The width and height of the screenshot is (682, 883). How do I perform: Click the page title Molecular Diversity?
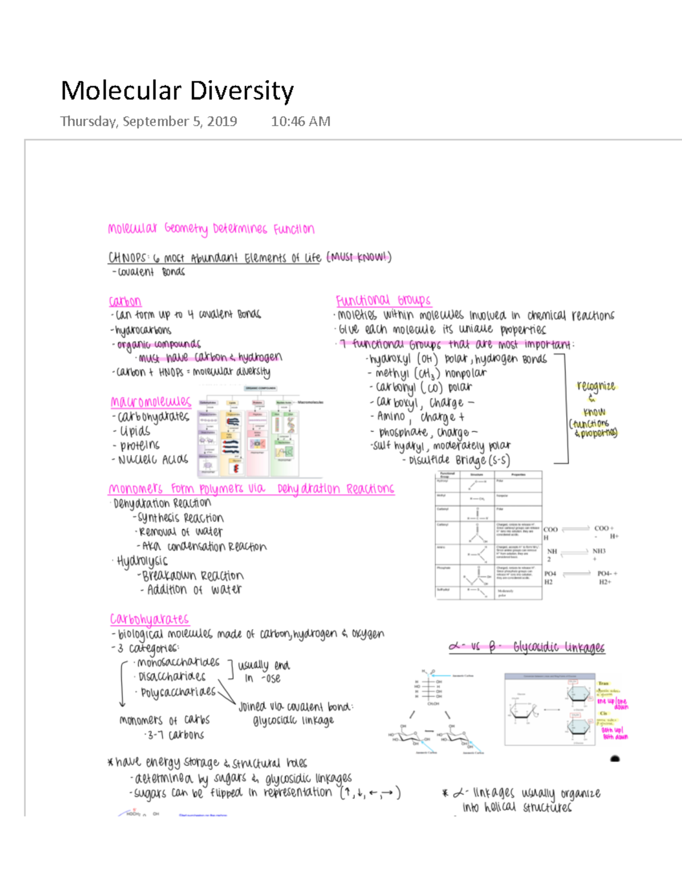coord(177,91)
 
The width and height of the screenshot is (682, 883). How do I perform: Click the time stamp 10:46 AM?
coord(301,121)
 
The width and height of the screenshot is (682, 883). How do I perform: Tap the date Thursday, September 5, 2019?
coord(148,121)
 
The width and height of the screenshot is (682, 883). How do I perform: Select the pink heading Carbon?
coord(125,301)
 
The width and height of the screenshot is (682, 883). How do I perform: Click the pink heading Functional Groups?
coord(383,300)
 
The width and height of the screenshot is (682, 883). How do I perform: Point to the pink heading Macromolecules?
coord(151,402)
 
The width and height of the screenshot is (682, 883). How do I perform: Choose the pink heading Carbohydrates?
coord(149,619)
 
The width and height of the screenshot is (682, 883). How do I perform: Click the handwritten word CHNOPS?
coord(127,258)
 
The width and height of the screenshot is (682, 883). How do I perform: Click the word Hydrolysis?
coord(142,561)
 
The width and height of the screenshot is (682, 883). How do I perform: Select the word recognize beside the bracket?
coord(596,386)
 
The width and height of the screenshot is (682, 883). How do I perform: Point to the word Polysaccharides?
coord(178,692)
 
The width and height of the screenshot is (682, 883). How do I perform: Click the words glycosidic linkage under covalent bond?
coord(293,720)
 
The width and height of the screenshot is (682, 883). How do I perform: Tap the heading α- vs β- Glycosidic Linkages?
coord(527,647)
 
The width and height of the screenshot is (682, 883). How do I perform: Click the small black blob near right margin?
coord(615,758)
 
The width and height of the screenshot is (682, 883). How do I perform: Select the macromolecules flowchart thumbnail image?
coord(259,430)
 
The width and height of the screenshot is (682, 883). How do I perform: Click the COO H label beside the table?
coord(549,533)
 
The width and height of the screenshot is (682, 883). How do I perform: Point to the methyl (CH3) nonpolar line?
coord(430,373)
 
